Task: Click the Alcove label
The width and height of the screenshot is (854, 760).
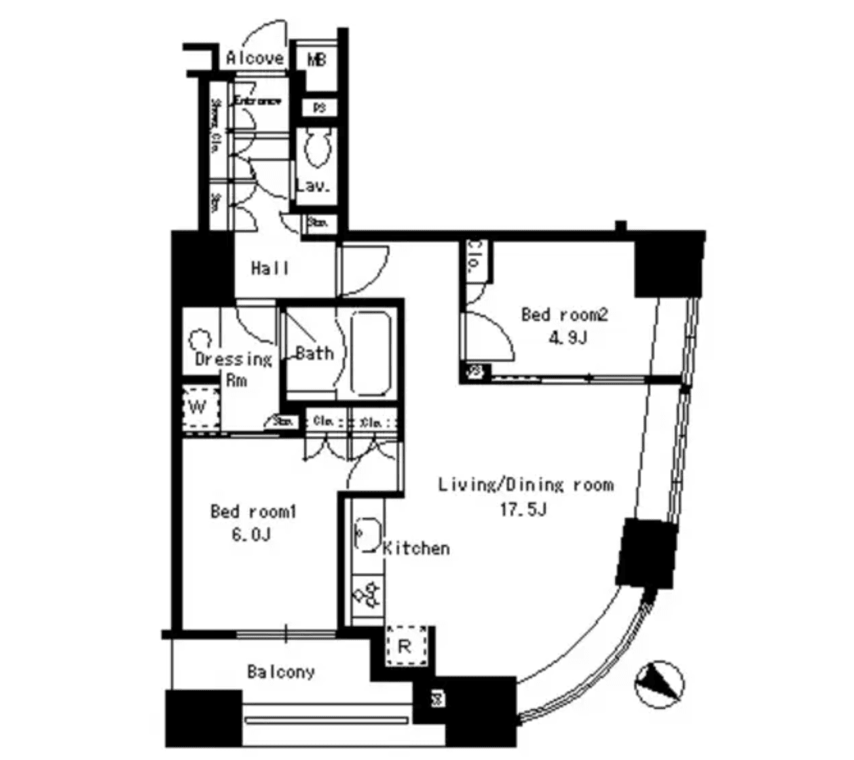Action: click(x=255, y=58)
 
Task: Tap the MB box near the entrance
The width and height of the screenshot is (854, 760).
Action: click(x=317, y=59)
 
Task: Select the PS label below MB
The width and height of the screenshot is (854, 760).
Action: click(x=319, y=107)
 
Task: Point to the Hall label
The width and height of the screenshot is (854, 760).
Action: click(x=270, y=269)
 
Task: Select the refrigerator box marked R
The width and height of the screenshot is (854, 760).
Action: click(x=405, y=646)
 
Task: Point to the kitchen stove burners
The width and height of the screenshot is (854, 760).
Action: click(x=367, y=592)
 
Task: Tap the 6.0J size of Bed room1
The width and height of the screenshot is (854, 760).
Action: click(x=251, y=535)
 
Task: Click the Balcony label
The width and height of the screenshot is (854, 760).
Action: click(x=280, y=672)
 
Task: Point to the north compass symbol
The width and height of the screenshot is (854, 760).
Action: click(x=659, y=682)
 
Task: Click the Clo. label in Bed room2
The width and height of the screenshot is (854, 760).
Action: click(x=475, y=257)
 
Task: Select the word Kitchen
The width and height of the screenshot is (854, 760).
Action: click(x=416, y=548)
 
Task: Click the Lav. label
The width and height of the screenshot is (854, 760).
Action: click(x=313, y=186)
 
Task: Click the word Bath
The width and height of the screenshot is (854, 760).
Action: click(x=314, y=353)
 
